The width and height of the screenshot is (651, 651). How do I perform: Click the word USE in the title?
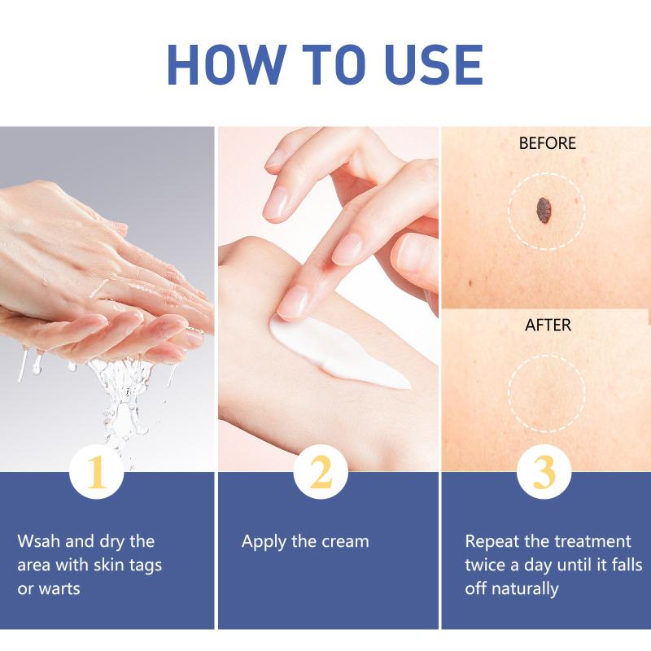[434, 65]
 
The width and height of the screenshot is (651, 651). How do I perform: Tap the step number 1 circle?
[96, 472]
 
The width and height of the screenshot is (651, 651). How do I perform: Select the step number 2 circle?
[321, 472]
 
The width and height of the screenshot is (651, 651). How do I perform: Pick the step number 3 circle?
[544, 472]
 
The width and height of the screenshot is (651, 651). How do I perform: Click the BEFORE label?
[547, 143]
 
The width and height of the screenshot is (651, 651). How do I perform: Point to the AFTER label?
[548, 325]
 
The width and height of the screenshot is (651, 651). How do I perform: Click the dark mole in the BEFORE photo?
[544, 211]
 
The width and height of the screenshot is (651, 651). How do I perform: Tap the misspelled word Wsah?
[39, 541]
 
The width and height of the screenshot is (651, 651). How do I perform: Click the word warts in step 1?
[60, 588]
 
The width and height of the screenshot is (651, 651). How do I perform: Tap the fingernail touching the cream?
[294, 302]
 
